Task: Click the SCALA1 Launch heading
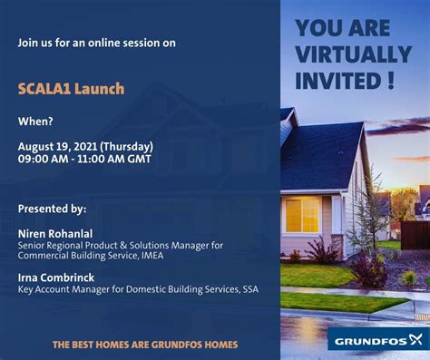click(x=71, y=89)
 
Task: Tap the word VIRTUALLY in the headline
click(x=353, y=54)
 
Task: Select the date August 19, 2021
click(x=57, y=146)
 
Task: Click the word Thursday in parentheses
click(x=127, y=146)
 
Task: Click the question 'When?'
click(x=35, y=121)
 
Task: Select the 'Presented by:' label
click(x=52, y=209)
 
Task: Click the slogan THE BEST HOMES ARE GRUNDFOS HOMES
click(x=144, y=345)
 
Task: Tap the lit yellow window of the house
click(x=301, y=215)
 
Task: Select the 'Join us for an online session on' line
click(x=96, y=43)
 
